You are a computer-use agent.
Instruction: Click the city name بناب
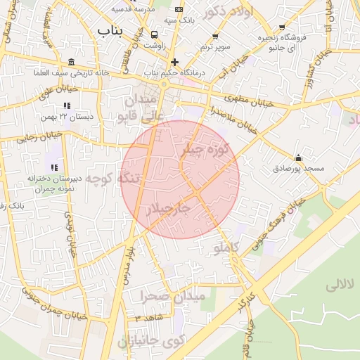click(x=112, y=30)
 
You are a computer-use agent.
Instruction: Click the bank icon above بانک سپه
click(x=179, y=9)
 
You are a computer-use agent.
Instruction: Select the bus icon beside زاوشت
click(x=155, y=34)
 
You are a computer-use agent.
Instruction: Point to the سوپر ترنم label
click(x=214, y=46)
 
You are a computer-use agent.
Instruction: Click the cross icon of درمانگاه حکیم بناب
click(x=174, y=61)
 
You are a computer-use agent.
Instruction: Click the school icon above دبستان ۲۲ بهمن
click(x=67, y=105)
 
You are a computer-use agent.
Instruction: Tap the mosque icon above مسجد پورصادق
click(x=299, y=157)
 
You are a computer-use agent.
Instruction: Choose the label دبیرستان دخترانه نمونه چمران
click(x=56, y=184)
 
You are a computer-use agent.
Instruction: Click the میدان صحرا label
click(x=172, y=297)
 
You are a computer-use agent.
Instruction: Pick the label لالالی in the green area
click(x=342, y=285)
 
